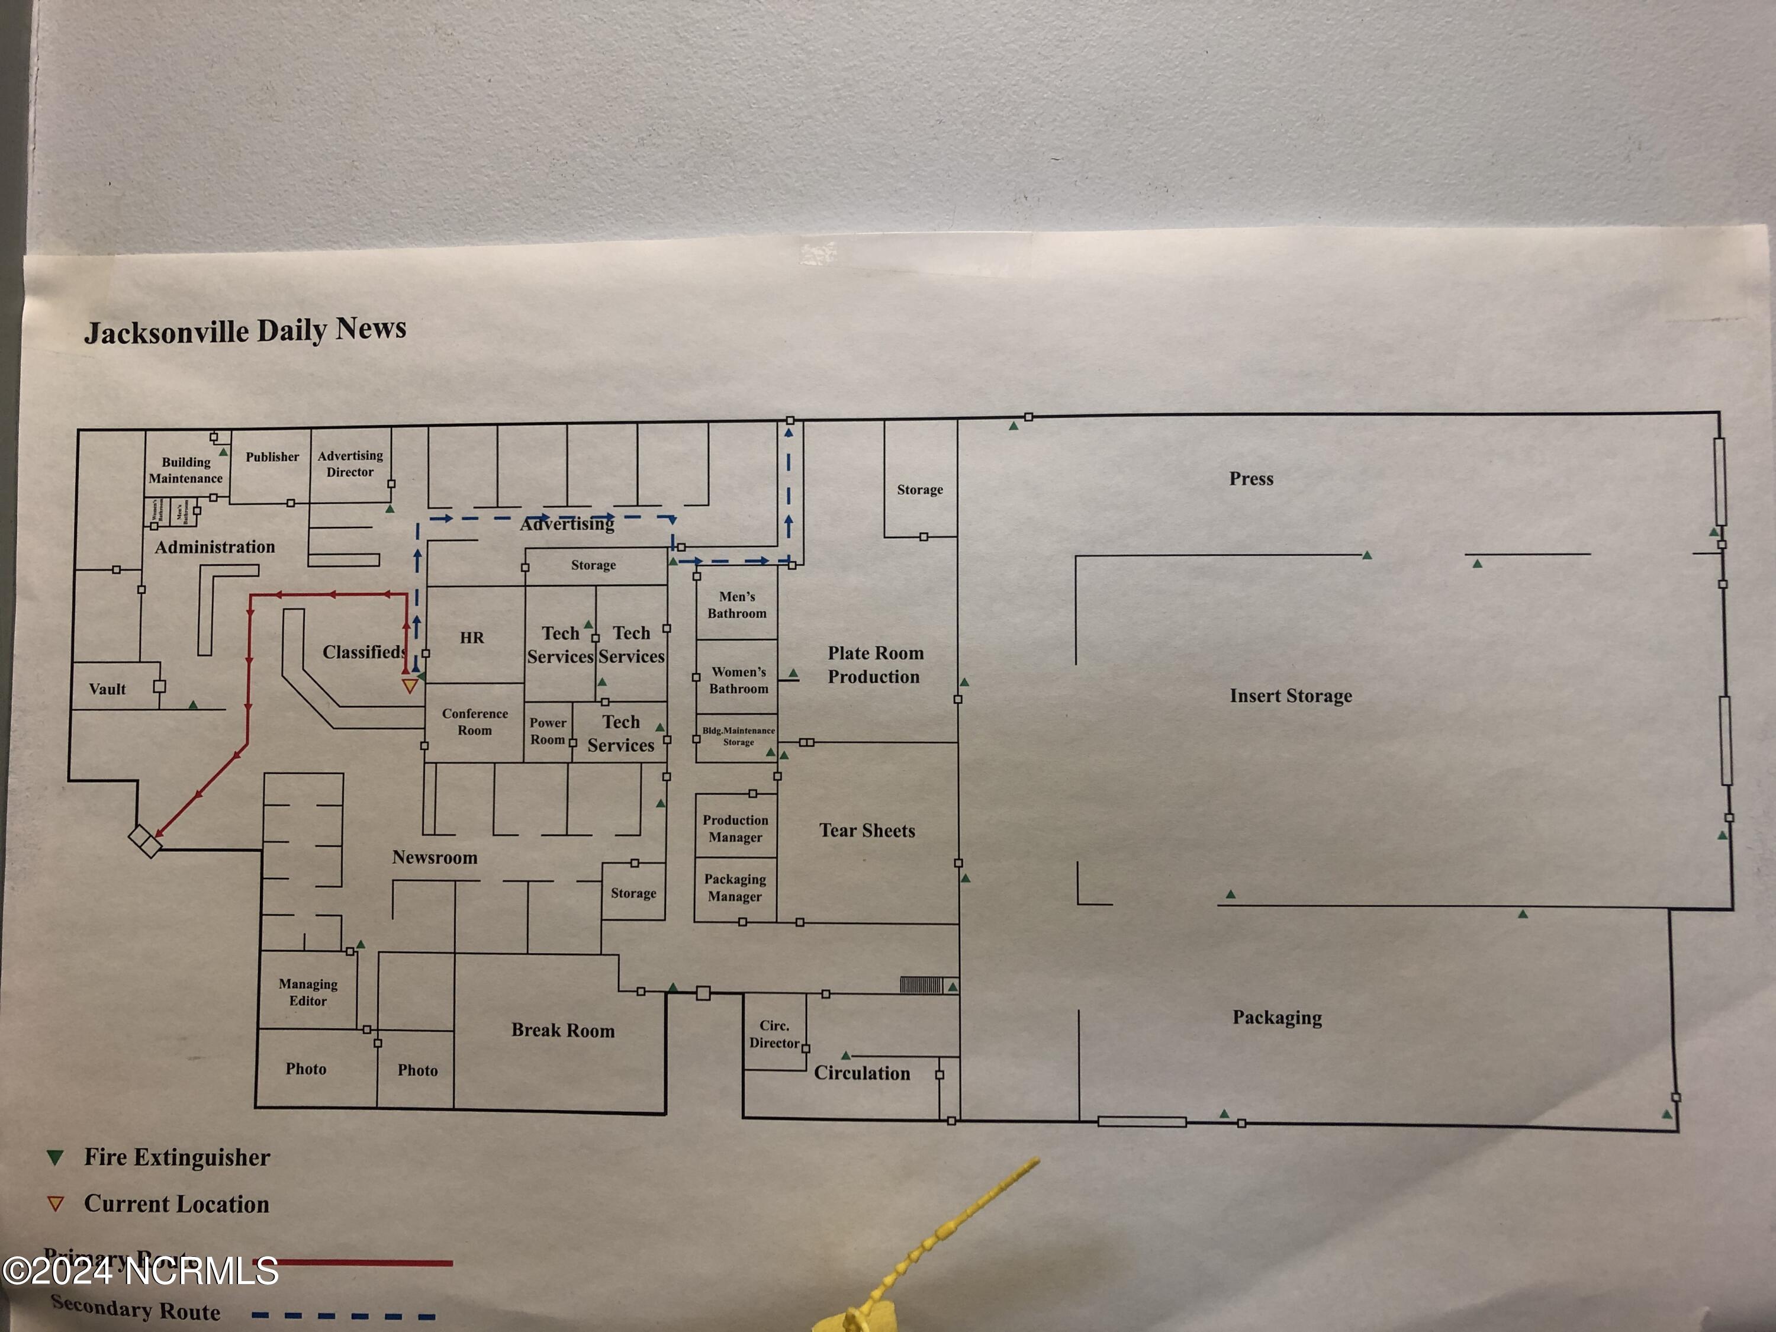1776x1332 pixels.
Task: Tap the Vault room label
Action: click(108, 689)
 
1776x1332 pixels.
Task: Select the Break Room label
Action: click(563, 1030)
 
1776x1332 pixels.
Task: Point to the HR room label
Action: click(472, 638)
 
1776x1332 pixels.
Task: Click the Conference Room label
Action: click(475, 722)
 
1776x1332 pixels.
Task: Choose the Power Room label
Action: click(548, 731)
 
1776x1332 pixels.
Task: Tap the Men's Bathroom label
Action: click(737, 604)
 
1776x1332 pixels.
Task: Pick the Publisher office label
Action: click(272, 457)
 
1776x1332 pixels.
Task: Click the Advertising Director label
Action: click(350, 464)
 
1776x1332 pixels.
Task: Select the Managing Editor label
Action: click(308, 992)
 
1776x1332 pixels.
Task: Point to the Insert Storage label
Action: click(1290, 696)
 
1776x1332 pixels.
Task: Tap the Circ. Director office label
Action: click(775, 1034)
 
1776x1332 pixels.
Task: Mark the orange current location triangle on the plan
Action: click(410, 686)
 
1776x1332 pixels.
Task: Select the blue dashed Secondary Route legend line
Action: click(343, 1315)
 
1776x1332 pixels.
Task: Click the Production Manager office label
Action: click(735, 829)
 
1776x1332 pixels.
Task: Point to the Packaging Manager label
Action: click(735, 887)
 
